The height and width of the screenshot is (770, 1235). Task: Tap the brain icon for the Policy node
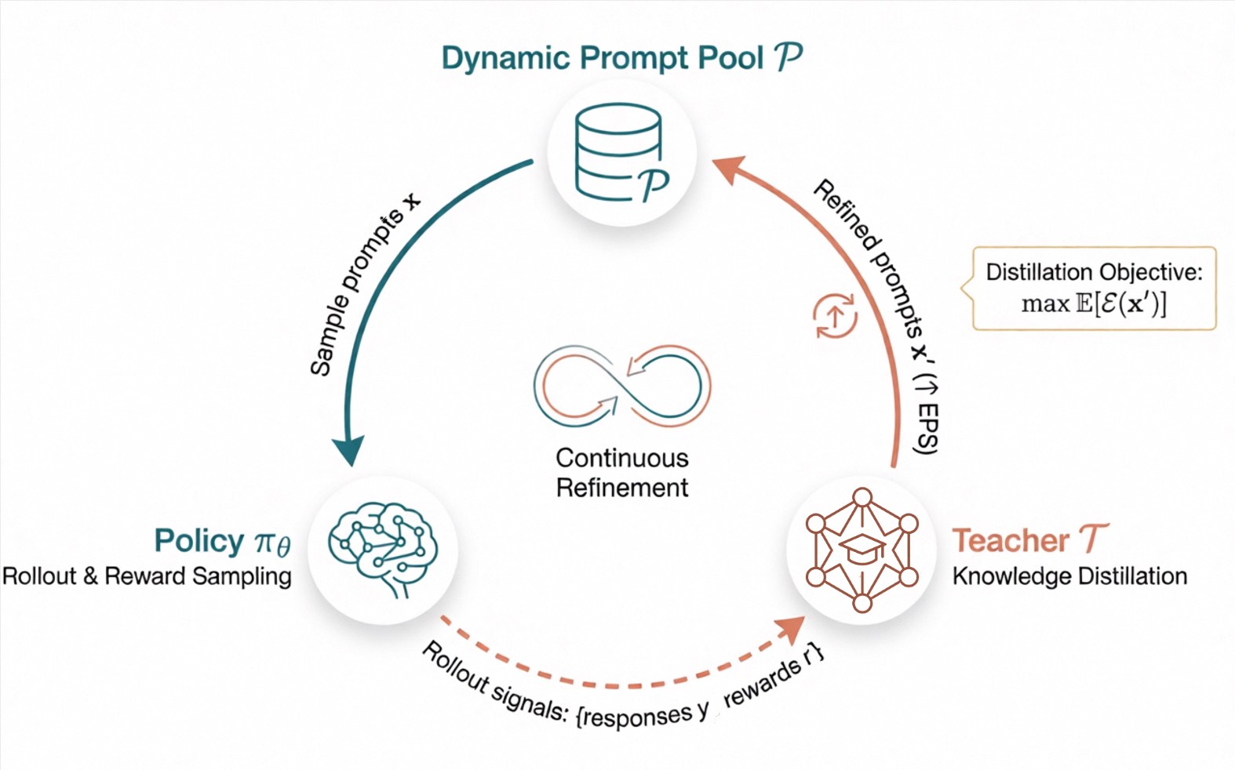[x=383, y=549]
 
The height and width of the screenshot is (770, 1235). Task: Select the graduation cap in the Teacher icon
[x=862, y=549]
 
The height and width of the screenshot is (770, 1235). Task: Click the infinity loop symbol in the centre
[x=622, y=386]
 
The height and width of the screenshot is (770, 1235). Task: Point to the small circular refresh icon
[x=835, y=315]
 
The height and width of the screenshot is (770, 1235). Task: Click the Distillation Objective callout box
[x=1094, y=288]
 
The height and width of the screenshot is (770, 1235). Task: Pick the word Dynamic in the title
[x=505, y=59]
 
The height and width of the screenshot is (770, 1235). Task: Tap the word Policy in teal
[x=199, y=542]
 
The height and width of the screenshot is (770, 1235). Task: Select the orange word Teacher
[x=1011, y=540]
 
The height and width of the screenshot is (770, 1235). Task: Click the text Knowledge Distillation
[x=1069, y=576]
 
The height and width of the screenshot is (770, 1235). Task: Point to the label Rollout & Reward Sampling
[x=147, y=576]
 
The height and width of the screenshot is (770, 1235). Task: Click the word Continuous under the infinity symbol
[x=622, y=458]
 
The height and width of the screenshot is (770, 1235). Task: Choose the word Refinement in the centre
[x=622, y=488]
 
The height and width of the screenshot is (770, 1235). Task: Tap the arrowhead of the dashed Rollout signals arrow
[x=791, y=629]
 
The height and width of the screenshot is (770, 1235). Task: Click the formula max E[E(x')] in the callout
[x=1094, y=304]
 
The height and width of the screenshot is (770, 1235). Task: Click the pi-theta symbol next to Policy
[x=272, y=544]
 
